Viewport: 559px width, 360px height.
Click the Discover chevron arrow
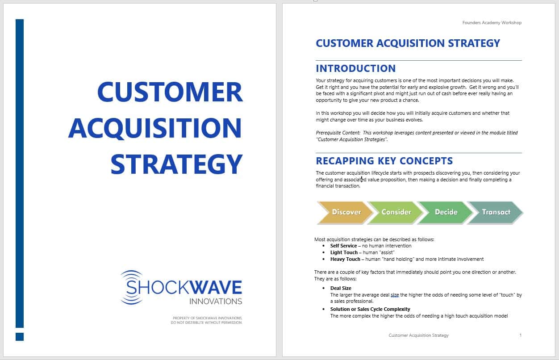[x=345, y=213]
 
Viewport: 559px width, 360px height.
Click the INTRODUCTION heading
[x=355, y=68]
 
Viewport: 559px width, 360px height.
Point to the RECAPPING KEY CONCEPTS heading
[x=384, y=161]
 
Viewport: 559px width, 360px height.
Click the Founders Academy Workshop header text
[x=492, y=23]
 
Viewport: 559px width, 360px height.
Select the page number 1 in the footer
[x=520, y=335]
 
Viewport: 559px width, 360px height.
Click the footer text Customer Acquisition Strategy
[x=418, y=335]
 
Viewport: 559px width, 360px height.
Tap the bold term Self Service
[x=343, y=246]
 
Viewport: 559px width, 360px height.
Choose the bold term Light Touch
[x=344, y=253]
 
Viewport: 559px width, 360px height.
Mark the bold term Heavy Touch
[x=345, y=260]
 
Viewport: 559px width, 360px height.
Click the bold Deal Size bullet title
[x=341, y=288]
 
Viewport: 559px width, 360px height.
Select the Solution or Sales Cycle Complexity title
[x=370, y=310]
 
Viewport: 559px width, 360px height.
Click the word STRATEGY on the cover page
[x=176, y=164]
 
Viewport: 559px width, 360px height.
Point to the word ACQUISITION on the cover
[x=155, y=128]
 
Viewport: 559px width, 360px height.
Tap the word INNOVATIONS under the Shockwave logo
[x=216, y=301]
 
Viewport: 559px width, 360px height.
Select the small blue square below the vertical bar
[x=20, y=337]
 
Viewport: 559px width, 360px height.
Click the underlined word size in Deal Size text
[x=395, y=295]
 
